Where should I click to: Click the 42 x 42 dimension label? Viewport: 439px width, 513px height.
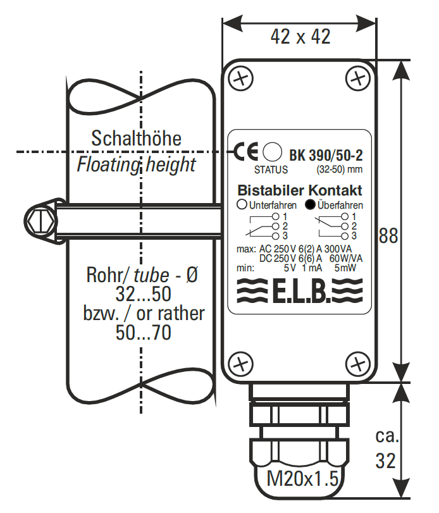300,37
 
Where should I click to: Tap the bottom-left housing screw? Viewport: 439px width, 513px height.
240,364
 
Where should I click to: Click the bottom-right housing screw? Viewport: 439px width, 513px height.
359,364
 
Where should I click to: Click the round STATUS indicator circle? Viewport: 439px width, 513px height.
272,152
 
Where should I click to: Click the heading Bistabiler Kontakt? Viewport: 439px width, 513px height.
299,190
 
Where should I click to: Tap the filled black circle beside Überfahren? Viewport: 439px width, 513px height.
310,205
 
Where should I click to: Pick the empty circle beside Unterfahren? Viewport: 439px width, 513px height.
242,205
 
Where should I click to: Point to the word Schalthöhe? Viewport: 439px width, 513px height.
136,138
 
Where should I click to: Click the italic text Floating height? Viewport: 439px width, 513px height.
136,166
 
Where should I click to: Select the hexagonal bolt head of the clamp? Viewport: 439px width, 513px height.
39,221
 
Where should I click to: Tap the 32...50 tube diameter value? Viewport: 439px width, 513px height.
144,295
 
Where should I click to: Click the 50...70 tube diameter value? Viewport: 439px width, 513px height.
144,333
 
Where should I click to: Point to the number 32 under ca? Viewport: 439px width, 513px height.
386,460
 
